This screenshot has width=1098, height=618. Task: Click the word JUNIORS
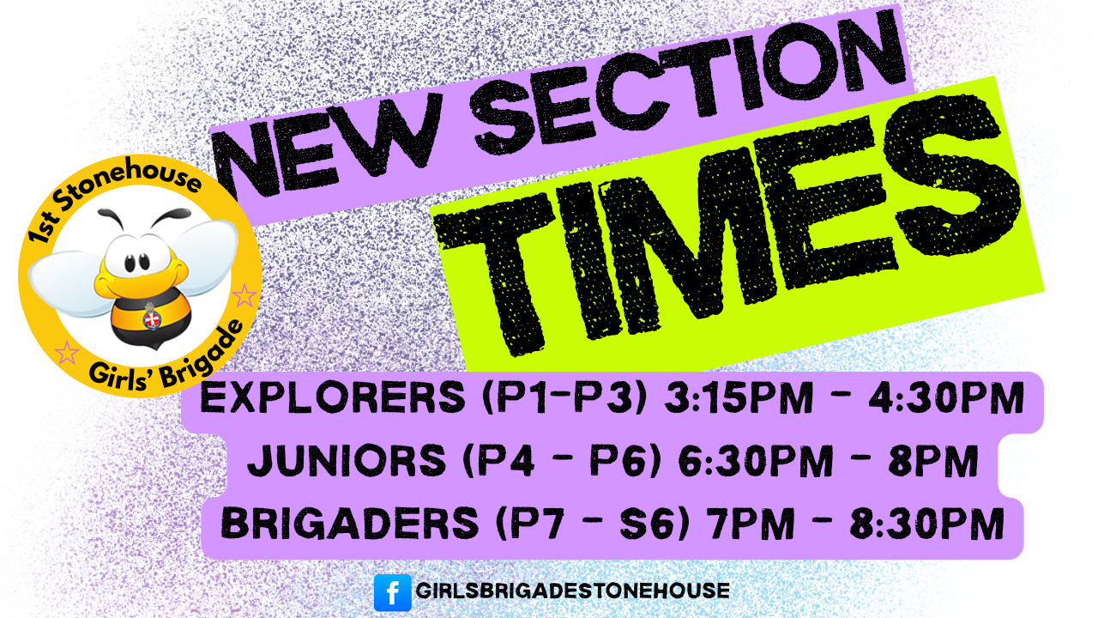click(343, 463)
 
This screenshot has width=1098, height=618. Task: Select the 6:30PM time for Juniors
click(755, 463)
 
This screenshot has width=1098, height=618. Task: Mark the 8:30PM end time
click(926, 524)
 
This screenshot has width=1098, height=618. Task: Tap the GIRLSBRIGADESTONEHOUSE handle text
click(572, 591)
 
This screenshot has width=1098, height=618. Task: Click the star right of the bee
click(244, 297)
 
